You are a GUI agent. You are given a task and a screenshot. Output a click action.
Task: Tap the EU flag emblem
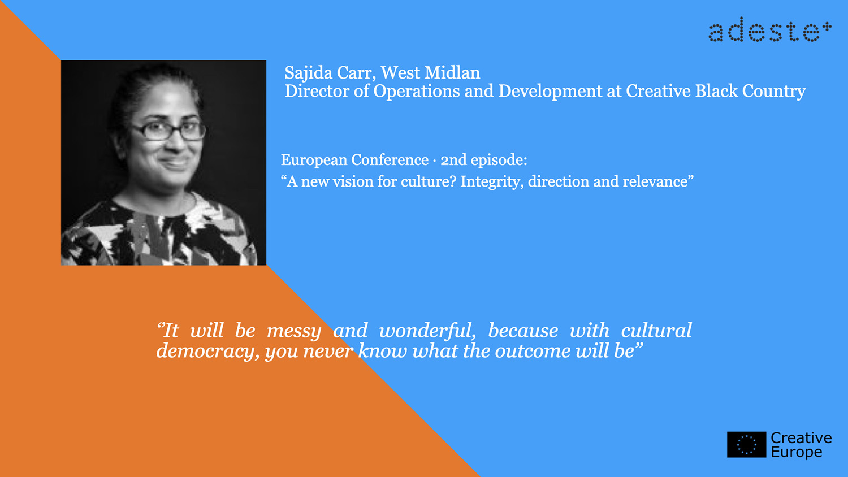pos(746,444)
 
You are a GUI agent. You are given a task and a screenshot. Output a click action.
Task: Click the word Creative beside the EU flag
pos(801,438)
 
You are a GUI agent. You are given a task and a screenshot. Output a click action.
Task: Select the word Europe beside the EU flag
pos(797,452)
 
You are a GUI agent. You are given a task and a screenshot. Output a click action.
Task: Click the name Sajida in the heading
pos(308,73)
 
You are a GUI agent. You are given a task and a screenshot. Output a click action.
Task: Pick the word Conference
pos(390,160)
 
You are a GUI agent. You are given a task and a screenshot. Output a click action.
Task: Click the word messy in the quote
pos(294,331)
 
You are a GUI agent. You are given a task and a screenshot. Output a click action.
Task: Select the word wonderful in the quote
pos(427,330)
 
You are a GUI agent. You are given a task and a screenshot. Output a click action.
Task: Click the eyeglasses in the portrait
pos(168,131)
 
